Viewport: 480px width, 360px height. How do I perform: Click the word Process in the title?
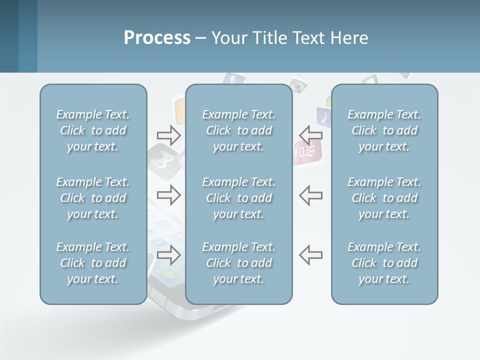(157, 38)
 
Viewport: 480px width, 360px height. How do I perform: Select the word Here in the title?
(349, 38)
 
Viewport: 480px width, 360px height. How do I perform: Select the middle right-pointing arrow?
(168, 194)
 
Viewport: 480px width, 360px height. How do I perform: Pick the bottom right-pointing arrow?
(168, 255)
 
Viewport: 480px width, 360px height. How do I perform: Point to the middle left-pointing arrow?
(310, 194)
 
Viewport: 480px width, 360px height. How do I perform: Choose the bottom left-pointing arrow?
(310, 255)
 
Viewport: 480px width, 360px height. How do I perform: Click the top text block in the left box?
(93, 130)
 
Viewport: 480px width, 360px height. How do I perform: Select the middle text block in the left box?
(93, 198)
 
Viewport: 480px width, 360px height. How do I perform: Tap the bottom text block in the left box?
(93, 263)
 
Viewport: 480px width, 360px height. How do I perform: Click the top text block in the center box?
(239, 130)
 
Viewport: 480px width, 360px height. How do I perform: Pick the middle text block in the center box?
(239, 198)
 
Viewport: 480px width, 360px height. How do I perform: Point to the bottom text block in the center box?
(239, 263)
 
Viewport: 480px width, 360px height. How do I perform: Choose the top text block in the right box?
(384, 130)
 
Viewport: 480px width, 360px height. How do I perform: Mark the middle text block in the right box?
(384, 198)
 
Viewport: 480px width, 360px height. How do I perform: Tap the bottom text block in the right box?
(384, 263)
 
